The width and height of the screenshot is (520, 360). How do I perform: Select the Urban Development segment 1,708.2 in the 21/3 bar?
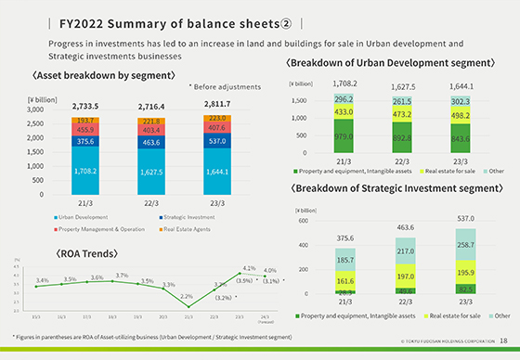click(85, 173)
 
